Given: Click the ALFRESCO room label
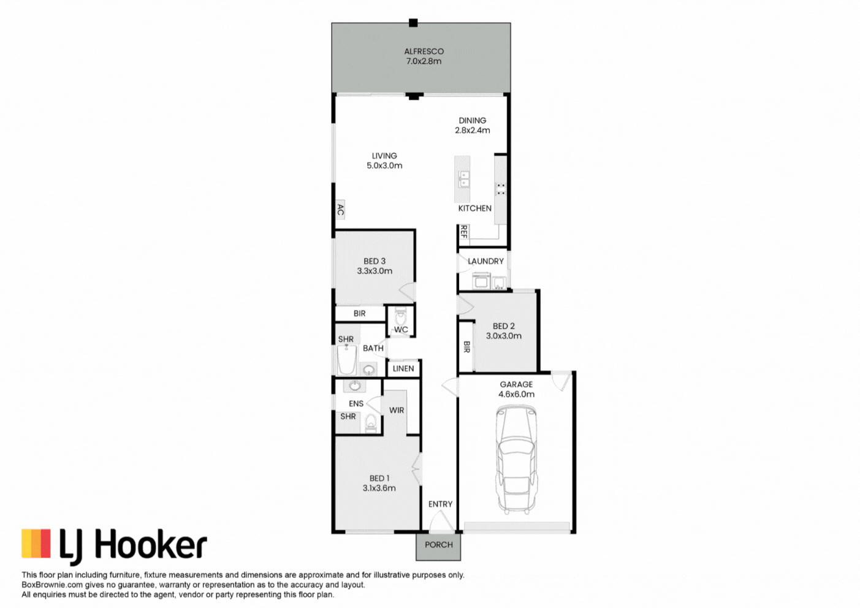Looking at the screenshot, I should (x=424, y=51).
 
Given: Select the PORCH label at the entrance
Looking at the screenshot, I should (x=439, y=544).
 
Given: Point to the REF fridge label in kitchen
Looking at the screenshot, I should (x=464, y=232).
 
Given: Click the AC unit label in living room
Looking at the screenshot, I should (x=340, y=210).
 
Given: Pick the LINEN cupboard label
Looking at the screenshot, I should (x=403, y=368).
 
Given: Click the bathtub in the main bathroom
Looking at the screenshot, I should (x=346, y=360).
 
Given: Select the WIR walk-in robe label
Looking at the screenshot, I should (x=397, y=410).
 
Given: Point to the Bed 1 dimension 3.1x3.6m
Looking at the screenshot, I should (x=379, y=488).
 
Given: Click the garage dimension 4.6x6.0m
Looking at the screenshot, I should (x=516, y=394).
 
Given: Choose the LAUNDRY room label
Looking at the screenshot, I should (x=485, y=261).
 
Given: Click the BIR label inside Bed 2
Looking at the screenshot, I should (x=466, y=347).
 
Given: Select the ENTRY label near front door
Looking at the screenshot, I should (x=440, y=504).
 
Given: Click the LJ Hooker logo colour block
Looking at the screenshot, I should (x=36, y=544).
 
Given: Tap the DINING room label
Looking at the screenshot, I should (x=472, y=121).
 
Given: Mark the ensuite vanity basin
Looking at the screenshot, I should (x=354, y=386).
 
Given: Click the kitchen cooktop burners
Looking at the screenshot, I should (x=501, y=189).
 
